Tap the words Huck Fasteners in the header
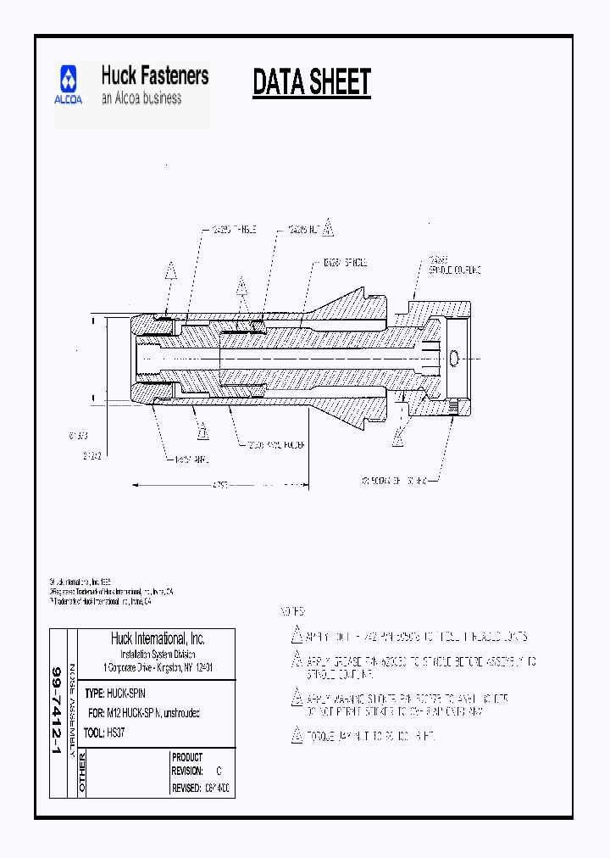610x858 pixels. point(154,75)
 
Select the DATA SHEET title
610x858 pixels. point(312,83)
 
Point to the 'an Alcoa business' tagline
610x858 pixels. point(141,98)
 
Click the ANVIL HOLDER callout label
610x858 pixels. point(275,444)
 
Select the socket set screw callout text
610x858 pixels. point(399,481)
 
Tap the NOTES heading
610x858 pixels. point(292,611)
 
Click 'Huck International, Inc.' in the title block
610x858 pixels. point(158,639)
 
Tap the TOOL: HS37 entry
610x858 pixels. point(106,731)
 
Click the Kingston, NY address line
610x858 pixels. point(158,668)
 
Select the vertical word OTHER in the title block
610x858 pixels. point(82,773)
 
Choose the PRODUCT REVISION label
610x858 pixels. point(187,764)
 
